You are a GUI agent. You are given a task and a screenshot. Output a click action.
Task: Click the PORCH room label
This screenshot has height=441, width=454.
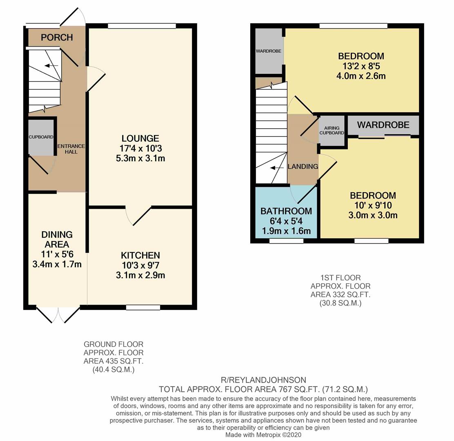point(57,38)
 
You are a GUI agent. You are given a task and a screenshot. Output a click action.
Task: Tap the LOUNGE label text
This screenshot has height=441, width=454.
point(140,138)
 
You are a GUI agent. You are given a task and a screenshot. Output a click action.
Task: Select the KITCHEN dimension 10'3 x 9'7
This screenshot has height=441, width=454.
point(140,265)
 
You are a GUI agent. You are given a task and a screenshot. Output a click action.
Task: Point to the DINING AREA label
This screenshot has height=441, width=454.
point(57,239)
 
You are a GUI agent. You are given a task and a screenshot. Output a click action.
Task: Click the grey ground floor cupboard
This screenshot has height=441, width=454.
point(41,137)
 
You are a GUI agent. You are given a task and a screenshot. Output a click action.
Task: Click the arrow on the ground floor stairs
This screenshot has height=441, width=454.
point(51,66)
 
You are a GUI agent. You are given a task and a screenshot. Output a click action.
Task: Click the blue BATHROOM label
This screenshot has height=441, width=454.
point(286,211)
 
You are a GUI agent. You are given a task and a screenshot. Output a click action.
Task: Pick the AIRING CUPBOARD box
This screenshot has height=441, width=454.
point(332,130)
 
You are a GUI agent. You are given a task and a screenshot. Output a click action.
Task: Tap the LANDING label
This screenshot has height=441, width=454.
point(303,167)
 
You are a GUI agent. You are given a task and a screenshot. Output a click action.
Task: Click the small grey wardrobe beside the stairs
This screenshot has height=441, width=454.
point(269,51)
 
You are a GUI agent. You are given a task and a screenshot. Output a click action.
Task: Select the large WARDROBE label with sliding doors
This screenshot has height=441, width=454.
point(383,125)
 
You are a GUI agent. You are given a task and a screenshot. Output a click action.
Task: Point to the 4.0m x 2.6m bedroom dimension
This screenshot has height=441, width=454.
point(361,76)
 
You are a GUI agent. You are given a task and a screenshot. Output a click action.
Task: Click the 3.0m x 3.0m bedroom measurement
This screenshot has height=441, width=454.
point(372,215)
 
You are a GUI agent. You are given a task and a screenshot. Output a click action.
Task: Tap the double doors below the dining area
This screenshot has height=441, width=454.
point(58,314)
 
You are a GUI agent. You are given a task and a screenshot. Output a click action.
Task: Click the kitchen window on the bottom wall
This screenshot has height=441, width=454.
point(143,307)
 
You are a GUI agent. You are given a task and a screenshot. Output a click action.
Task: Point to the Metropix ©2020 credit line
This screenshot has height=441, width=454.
point(263,435)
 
